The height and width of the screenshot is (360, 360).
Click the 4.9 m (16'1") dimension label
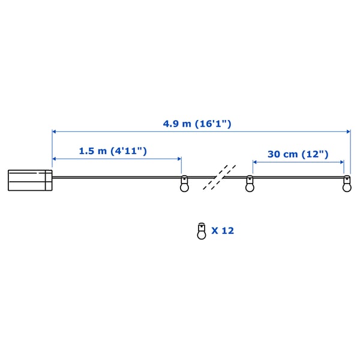[x=197, y=124]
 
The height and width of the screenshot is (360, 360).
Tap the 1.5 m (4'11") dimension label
[x=113, y=151]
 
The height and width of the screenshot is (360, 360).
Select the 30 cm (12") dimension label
[x=298, y=154]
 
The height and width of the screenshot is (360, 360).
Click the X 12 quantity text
[x=223, y=231]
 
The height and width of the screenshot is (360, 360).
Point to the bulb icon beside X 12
[x=202, y=231]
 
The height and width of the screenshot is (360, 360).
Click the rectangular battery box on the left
[x=30, y=180]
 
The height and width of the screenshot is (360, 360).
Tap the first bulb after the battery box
[x=184, y=184]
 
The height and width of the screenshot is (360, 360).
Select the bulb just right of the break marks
[x=250, y=184]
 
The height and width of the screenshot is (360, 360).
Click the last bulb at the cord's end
[x=347, y=184]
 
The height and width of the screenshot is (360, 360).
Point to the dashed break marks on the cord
[x=220, y=177]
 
